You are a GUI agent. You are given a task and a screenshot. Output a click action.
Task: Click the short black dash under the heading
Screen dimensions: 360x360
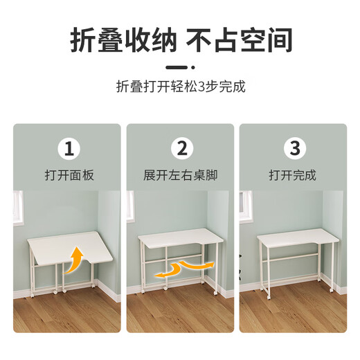pyautogui.click(x=180, y=67)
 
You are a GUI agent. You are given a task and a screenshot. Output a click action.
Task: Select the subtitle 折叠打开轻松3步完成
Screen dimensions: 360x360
pyautogui.click(x=180, y=88)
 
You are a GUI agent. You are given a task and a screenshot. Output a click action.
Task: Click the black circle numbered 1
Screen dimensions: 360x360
pyautogui.click(x=68, y=148)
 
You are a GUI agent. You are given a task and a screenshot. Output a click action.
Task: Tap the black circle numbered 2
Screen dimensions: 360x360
pyautogui.click(x=181, y=148)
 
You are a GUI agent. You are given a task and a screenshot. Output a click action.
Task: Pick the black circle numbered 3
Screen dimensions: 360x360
pyautogui.click(x=294, y=148)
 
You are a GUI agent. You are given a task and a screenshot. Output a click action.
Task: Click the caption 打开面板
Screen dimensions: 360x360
pyautogui.click(x=68, y=175)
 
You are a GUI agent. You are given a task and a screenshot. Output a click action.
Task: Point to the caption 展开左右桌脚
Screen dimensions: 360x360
pyautogui.click(x=181, y=175)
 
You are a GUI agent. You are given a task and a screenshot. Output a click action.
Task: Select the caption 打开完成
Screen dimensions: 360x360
pyautogui.click(x=294, y=175)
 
